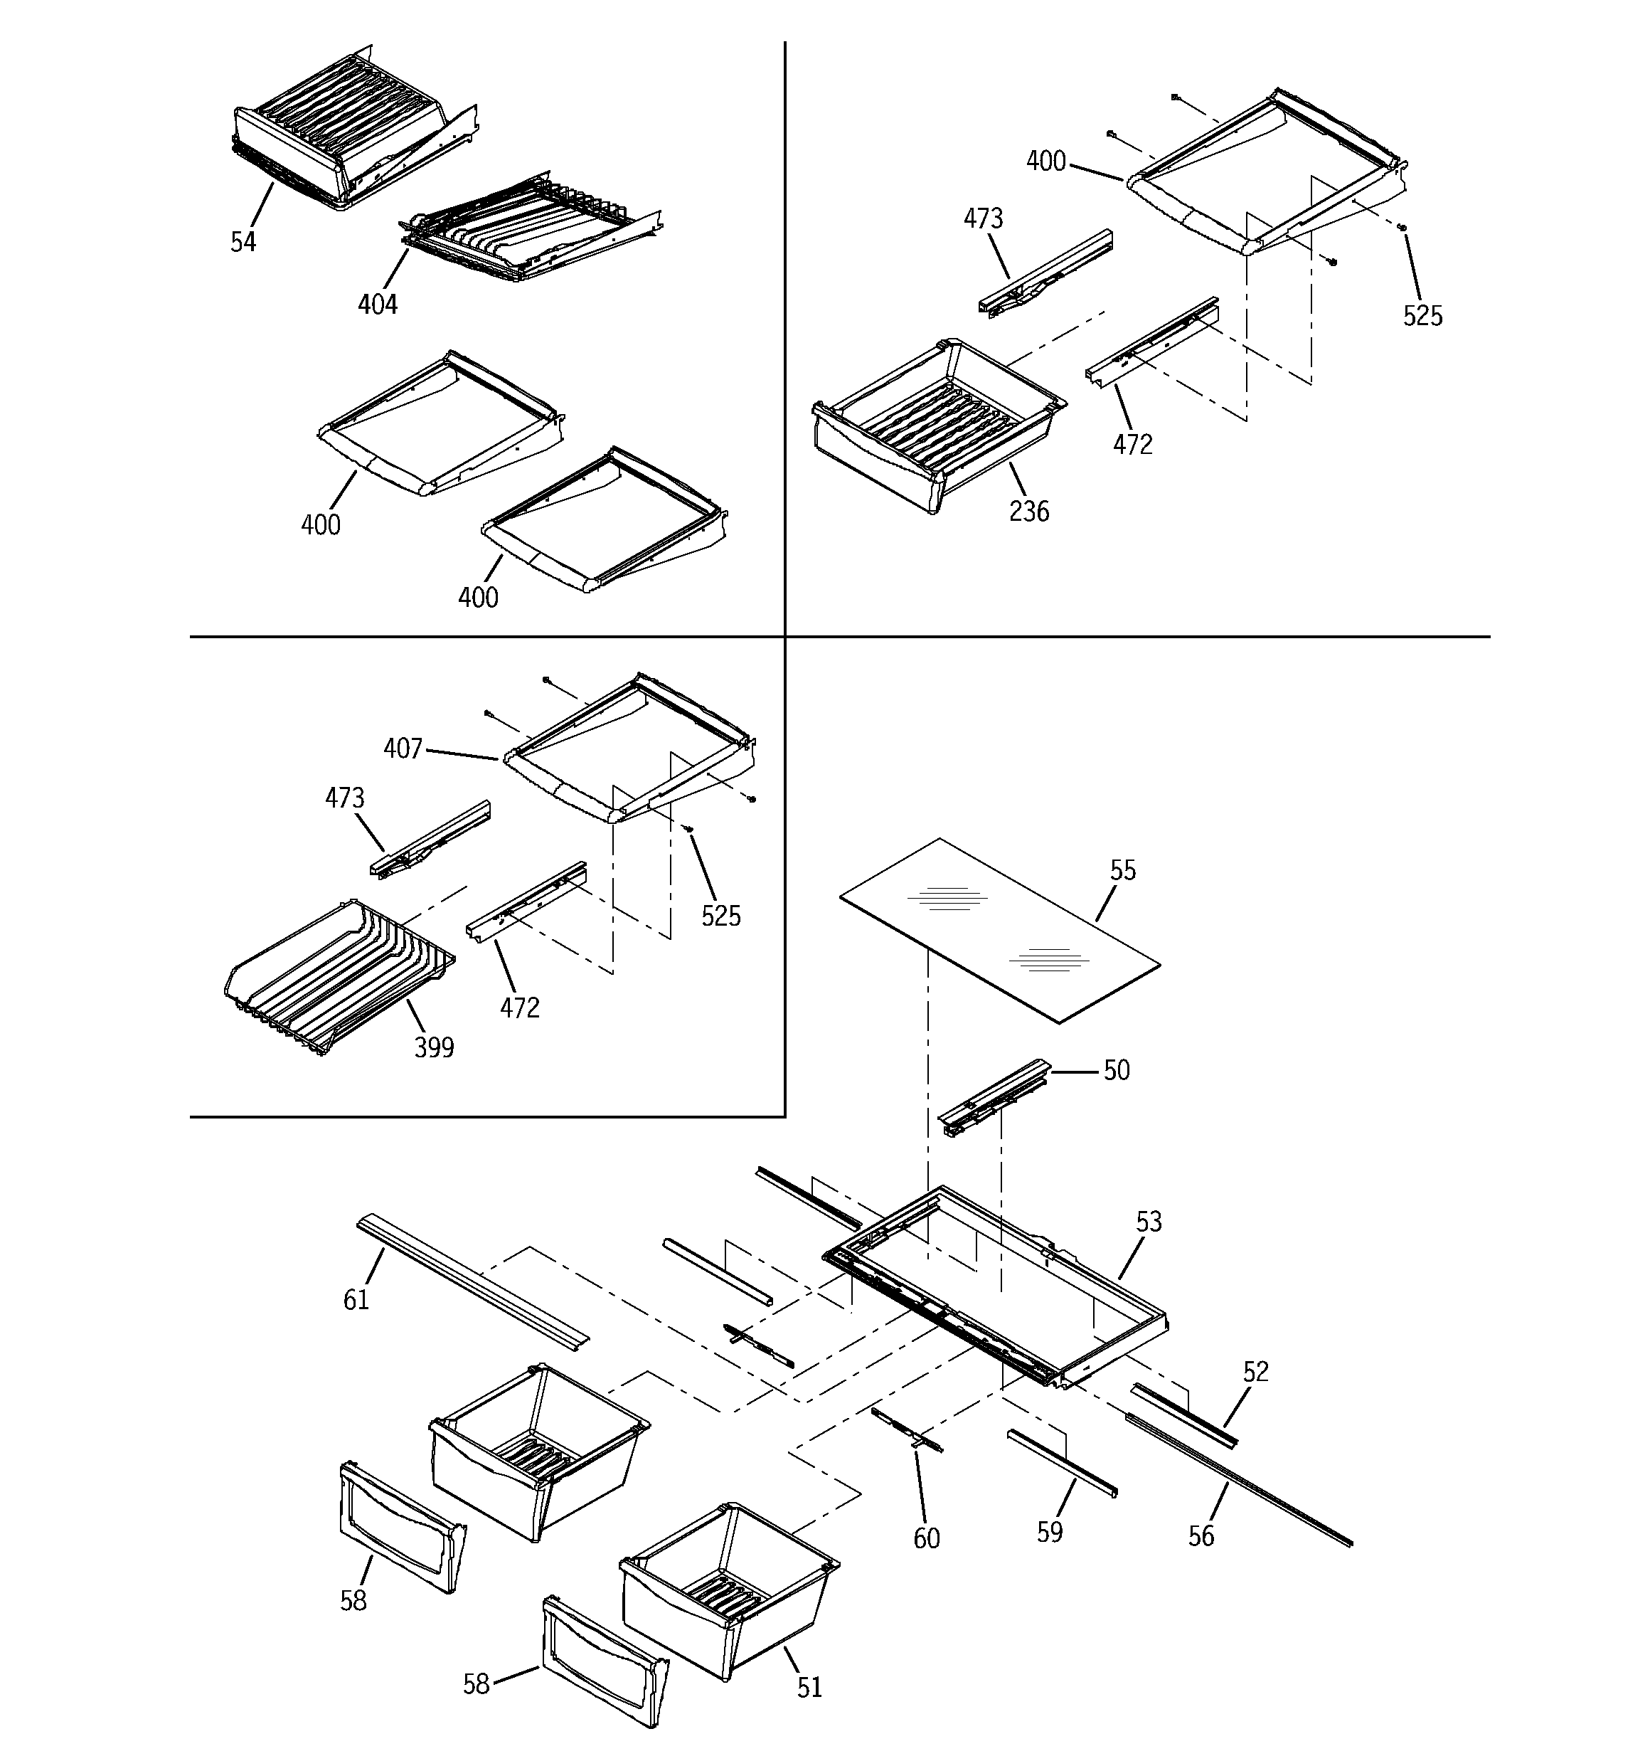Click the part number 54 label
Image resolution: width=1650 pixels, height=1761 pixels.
click(243, 242)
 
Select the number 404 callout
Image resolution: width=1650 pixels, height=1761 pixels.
click(377, 305)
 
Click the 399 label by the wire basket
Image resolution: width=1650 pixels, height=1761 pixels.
click(434, 1048)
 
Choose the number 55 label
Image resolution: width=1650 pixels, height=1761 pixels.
click(1122, 870)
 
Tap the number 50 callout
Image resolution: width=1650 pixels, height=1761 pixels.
click(1116, 1070)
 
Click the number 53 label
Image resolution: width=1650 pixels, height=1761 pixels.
click(1148, 1222)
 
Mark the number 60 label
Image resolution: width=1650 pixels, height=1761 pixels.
click(927, 1539)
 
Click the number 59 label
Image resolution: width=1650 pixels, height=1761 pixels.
click(1050, 1532)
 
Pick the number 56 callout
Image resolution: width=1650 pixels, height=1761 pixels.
click(1201, 1536)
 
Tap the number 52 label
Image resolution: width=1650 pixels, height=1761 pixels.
click(1256, 1371)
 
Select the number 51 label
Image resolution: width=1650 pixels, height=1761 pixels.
click(809, 1688)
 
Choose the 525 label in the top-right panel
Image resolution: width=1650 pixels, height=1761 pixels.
click(1422, 316)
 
